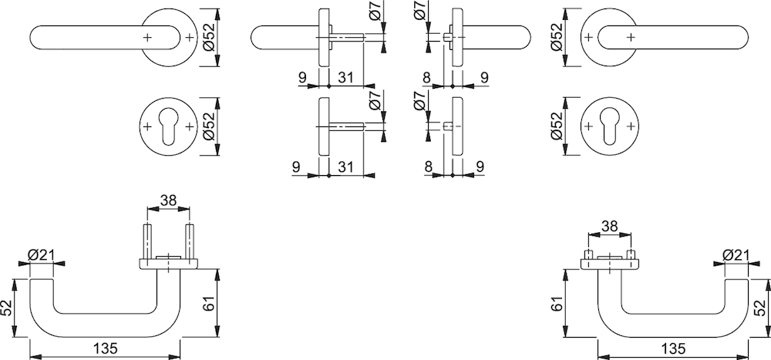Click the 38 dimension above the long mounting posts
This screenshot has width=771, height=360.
[168, 200]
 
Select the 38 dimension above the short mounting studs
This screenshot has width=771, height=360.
[609, 226]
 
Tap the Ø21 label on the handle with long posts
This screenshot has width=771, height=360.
[41, 255]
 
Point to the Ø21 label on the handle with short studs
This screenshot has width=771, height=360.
[736, 255]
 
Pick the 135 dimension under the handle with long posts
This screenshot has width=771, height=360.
[105, 348]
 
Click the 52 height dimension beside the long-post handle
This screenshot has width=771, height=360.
[7, 308]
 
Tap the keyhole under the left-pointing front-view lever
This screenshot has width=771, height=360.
[168, 126]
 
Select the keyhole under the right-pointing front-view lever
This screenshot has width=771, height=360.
[609, 126]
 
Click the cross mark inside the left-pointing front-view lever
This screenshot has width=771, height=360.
[147, 37]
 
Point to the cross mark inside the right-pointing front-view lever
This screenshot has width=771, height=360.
[631, 37]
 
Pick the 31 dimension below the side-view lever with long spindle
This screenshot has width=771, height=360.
[345, 77]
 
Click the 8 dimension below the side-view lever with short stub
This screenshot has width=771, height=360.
[426, 77]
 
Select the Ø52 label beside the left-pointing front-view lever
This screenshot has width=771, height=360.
[209, 37]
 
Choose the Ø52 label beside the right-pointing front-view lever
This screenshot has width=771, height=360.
[557, 37]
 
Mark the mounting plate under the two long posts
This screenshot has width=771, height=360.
[169, 264]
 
